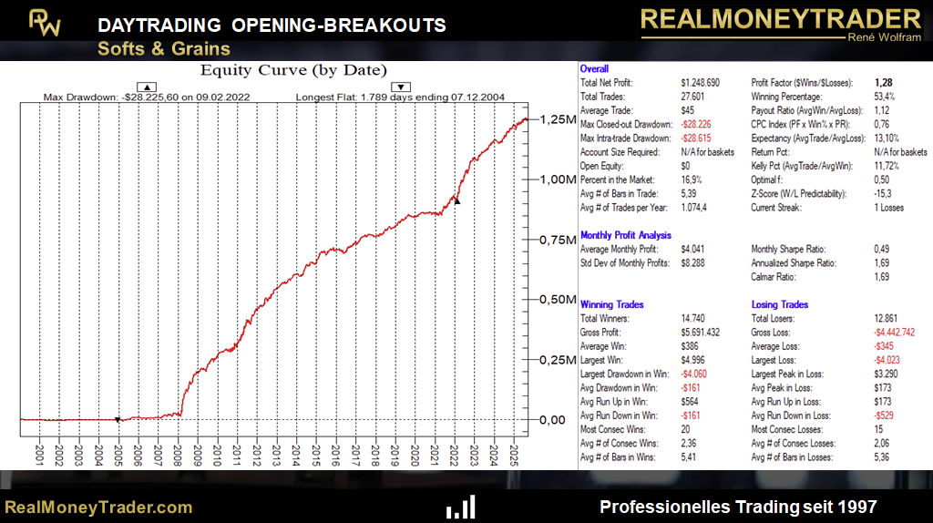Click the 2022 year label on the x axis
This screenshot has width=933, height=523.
pyautogui.click(x=454, y=453)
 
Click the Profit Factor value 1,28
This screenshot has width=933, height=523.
pyautogui.click(x=883, y=83)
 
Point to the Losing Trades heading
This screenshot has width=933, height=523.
pyautogui.click(x=780, y=304)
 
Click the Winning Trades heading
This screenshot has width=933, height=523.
pyautogui.click(x=612, y=304)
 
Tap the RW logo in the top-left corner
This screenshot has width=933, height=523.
pyautogui.click(x=44, y=23)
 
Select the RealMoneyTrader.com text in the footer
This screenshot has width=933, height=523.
pyautogui.click(x=98, y=508)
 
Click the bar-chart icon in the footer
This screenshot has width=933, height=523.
pyautogui.click(x=460, y=508)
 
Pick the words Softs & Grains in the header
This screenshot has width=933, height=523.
pyautogui.click(x=164, y=48)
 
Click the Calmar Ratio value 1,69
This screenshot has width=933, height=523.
pyautogui.click(x=883, y=277)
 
